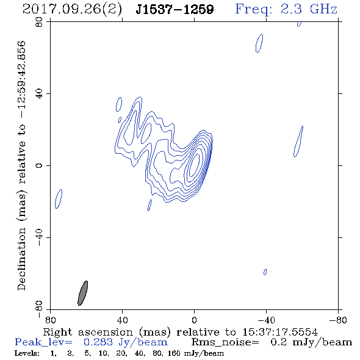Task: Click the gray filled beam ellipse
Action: [x=82, y=293]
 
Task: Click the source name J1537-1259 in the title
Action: [x=175, y=9]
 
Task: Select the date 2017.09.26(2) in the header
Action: [x=72, y=10]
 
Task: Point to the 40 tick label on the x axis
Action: [x=122, y=320]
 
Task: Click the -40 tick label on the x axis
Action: [x=266, y=320]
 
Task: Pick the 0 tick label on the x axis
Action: [x=194, y=320]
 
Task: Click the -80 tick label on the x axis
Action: [x=338, y=320]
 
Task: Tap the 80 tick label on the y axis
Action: [x=39, y=22]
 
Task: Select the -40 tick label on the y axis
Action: [x=39, y=237]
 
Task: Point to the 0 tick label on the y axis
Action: [x=39, y=165]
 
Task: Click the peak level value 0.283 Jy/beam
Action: [x=125, y=342]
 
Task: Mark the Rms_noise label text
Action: [x=225, y=342]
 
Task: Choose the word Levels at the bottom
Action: [x=27, y=353]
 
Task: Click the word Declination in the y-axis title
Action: [x=21, y=259]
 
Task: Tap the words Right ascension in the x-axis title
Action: [x=88, y=332]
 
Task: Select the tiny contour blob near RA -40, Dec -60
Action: [x=265, y=272]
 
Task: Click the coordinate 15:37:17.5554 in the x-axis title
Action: [x=280, y=332]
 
